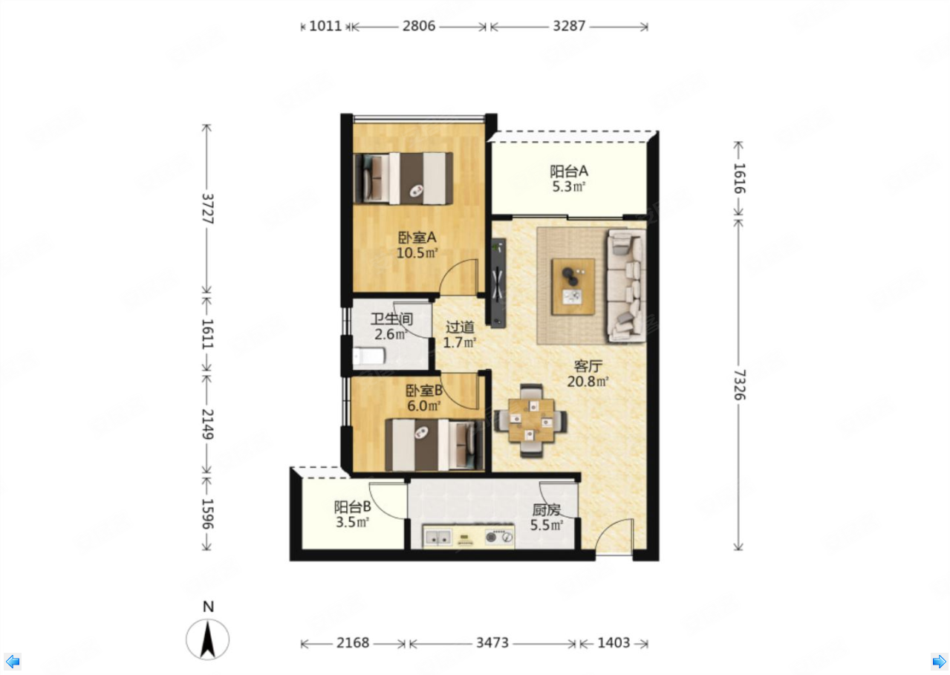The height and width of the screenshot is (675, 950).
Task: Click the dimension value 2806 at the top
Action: tap(419, 26)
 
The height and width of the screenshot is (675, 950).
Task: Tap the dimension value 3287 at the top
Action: tap(569, 26)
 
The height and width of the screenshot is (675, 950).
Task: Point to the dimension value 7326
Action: tap(739, 385)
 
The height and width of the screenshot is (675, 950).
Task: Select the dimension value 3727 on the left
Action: tap(207, 209)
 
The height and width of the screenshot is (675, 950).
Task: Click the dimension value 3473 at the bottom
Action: tap(492, 643)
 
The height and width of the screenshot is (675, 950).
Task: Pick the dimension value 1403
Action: tap(614, 643)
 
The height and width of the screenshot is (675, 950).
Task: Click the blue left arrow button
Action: tap(13, 661)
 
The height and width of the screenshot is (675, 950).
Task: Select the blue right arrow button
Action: tap(938, 661)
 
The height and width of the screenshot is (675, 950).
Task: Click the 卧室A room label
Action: tap(417, 238)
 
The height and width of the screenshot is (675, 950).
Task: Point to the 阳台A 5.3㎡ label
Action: tap(569, 179)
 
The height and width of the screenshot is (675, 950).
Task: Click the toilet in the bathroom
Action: tap(369, 356)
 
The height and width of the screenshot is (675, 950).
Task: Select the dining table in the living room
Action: tap(531, 420)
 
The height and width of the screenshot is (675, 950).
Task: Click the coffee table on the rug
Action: tap(573, 287)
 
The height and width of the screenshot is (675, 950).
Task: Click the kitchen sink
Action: tap(437, 538)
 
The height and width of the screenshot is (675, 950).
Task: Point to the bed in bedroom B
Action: tap(435, 445)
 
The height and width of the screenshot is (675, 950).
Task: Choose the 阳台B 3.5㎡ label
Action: tap(352, 515)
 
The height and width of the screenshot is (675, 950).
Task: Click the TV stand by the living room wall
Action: tap(498, 283)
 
